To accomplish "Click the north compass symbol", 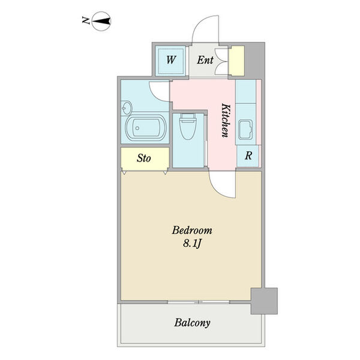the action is pos(101,21).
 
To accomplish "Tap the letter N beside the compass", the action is pos(85,20).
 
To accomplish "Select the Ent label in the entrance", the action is pos(205,60).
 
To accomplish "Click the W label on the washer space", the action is pos(171,60).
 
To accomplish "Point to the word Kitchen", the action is pos(226,121).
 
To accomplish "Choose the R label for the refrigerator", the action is pos(248,155).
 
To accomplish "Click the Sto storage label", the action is pos(144,158).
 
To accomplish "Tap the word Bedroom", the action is pos(192,230).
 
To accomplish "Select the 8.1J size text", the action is pos(192,244).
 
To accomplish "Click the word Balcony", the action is pos(192,323).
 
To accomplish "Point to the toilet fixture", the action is pos(188,126).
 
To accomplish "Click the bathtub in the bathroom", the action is pos(146,127).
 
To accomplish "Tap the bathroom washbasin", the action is pos(127,107).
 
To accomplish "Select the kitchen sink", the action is pos(245,130).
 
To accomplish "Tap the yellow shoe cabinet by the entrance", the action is pos(237,61).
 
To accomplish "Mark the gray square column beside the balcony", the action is pos(264,301).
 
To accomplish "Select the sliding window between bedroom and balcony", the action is pos(199,302).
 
